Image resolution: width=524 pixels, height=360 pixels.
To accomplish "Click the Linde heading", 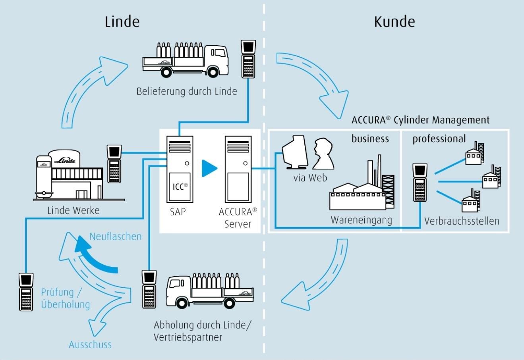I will pos(122,21).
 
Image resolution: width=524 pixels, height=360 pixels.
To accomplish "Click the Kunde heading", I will pos(394,21).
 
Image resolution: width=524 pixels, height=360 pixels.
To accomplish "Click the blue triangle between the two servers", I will pos(209,168).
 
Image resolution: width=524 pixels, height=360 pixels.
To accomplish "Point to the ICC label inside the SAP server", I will pos(180,186).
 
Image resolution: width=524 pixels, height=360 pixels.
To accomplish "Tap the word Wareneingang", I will pos(361,220).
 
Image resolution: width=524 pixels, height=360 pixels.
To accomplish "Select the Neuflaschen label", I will pos(115,237).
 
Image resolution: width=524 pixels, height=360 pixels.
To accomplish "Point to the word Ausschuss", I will pos(90,345).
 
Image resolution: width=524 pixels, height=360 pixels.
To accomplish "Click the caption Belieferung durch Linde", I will pos(187,91).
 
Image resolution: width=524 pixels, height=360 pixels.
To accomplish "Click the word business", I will pos(370,139).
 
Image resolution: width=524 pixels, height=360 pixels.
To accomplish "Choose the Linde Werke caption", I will pos(73,210).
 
